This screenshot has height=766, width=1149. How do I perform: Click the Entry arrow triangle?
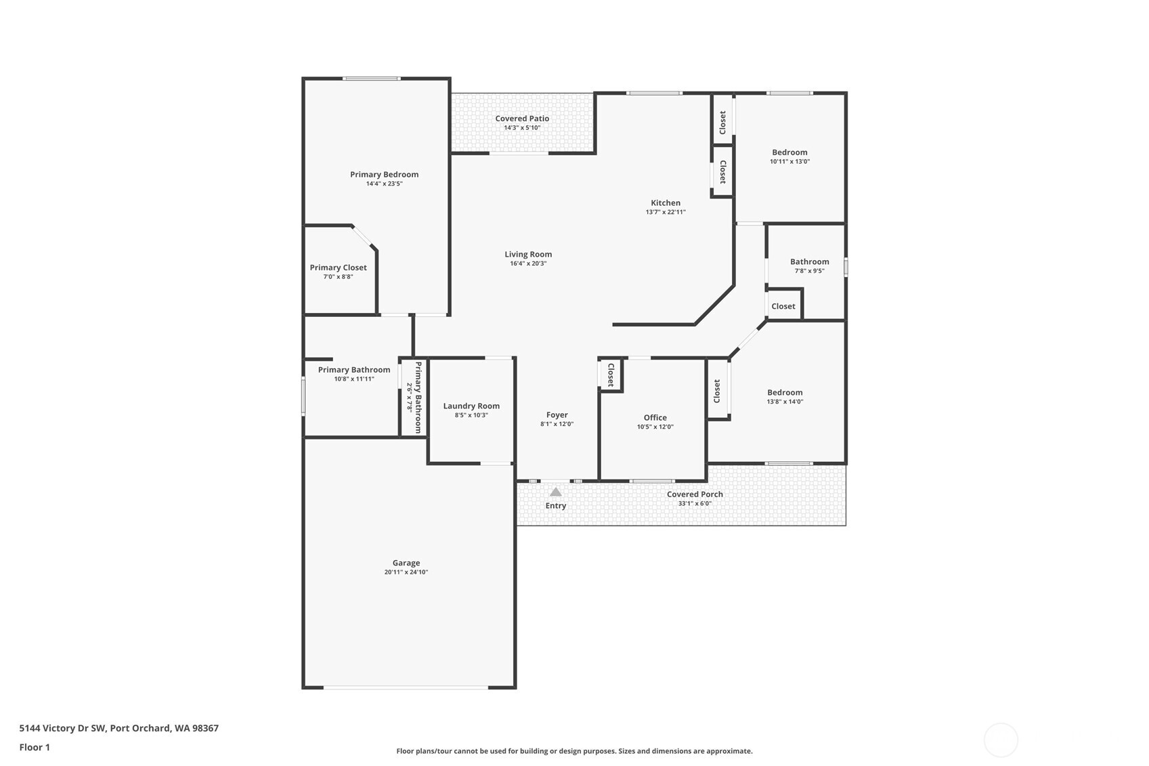[x=555, y=492]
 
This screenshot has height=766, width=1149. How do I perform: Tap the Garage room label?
[x=406, y=563]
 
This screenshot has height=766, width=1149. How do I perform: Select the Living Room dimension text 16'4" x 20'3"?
[x=528, y=263]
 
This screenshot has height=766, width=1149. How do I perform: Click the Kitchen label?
[x=666, y=203]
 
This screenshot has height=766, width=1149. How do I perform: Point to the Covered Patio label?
[x=522, y=119]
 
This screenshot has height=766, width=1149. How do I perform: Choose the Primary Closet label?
[x=338, y=268]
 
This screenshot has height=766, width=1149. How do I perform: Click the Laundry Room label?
[x=471, y=406]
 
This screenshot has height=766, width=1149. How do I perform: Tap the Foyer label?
[x=557, y=414]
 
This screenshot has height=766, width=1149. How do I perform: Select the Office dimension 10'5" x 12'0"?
[x=655, y=427]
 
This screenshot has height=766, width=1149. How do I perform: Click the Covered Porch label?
[x=695, y=494]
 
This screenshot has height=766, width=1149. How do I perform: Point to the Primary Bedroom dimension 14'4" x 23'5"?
[x=384, y=184]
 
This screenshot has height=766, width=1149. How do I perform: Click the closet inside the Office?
[x=611, y=375]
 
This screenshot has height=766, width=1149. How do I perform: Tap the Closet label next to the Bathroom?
[x=783, y=306]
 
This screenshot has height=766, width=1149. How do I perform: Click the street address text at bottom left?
[x=119, y=728]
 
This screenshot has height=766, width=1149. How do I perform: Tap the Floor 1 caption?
[x=35, y=748]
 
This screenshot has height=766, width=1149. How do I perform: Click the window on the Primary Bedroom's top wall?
[x=372, y=79]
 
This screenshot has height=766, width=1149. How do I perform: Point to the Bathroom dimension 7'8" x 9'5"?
[x=810, y=271]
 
